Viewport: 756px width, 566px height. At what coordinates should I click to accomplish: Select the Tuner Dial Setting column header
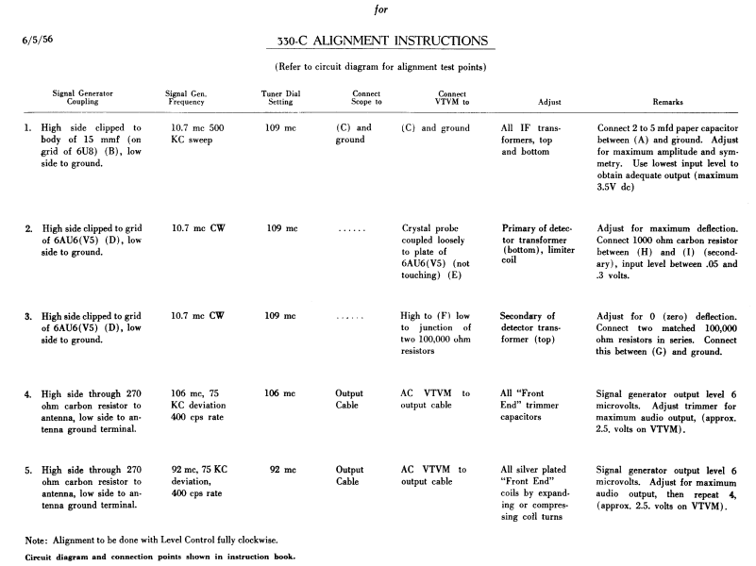(x=282, y=98)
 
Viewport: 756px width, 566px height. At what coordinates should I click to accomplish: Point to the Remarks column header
(x=668, y=101)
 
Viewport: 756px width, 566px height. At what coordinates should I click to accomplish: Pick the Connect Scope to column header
(x=366, y=98)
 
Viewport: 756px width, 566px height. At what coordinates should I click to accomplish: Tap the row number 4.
(x=28, y=392)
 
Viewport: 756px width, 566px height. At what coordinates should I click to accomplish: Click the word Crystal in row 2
(x=421, y=228)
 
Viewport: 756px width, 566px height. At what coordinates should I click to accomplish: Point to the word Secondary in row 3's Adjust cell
(x=528, y=316)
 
